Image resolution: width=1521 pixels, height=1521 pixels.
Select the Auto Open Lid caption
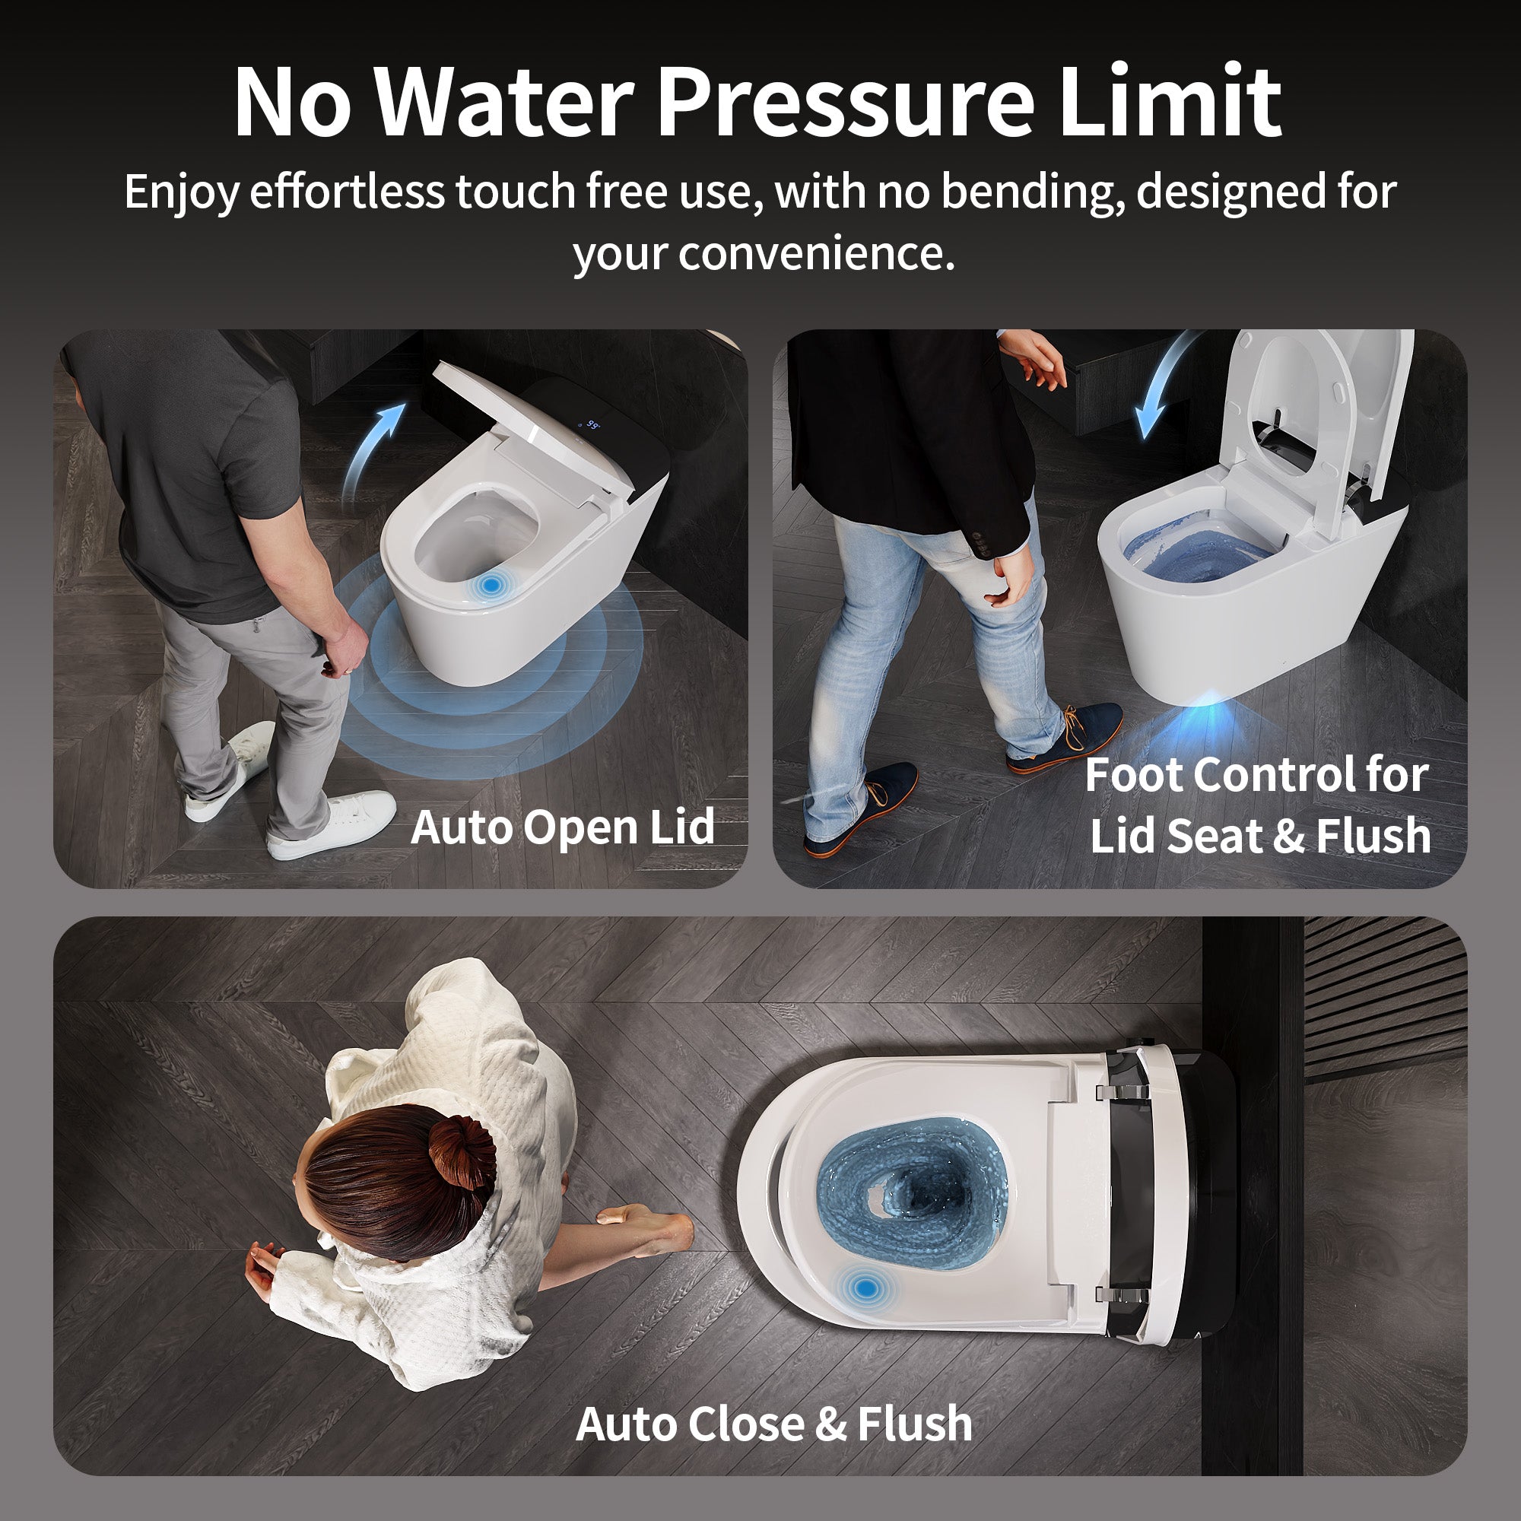562,827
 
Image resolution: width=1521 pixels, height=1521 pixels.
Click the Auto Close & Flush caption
774,1424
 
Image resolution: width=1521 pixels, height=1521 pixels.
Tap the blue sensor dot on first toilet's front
491,584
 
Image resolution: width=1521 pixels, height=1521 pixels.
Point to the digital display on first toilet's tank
592,426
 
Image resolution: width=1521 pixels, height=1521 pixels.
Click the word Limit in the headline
1169,103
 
